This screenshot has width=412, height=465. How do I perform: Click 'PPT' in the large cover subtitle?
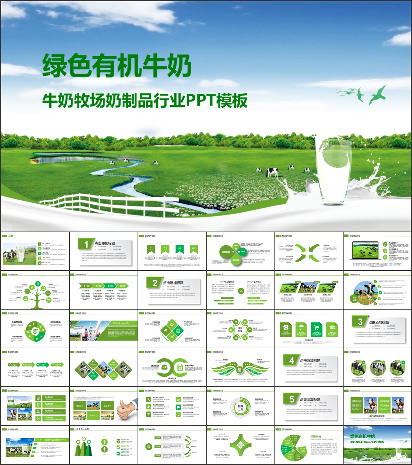click(x=201, y=100)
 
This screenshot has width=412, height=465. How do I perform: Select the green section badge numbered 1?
click(x=86, y=245)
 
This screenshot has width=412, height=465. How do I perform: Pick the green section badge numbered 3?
click(x=360, y=322)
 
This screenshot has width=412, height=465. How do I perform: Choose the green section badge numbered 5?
click(x=291, y=399)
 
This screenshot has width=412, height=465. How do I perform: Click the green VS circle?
click(x=241, y=291)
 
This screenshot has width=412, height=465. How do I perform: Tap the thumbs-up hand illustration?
click(x=127, y=408)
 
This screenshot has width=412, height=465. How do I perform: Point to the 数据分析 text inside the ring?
click(x=241, y=408)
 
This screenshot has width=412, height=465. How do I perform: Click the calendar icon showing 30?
click(x=180, y=368)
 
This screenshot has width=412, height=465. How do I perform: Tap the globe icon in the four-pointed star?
click(x=241, y=445)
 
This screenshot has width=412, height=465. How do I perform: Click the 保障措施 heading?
click(x=316, y=437)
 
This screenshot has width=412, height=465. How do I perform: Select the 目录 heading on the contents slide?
click(x=11, y=236)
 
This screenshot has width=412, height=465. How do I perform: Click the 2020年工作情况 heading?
click(x=226, y=282)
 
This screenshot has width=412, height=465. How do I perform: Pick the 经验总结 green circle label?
click(x=354, y=299)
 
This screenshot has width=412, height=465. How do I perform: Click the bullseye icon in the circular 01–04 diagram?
click(x=35, y=332)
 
